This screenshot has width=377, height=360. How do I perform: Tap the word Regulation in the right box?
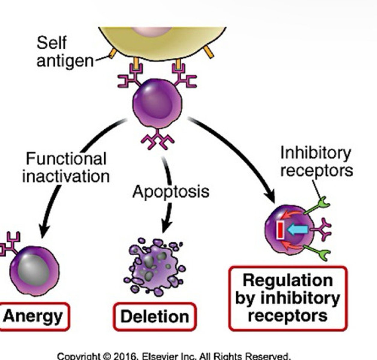click(x=288, y=280)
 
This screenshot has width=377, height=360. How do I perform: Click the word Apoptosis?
click(x=171, y=191)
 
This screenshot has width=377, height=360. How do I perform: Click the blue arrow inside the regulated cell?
click(x=297, y=230)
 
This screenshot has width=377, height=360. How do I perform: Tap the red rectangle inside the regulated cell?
click(x=280, y=230)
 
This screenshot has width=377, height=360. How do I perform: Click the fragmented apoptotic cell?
click(x=154, y=265)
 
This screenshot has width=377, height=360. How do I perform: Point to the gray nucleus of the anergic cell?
click(x=33, y=270)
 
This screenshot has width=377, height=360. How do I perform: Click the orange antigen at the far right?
click(x=208, y=52)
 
